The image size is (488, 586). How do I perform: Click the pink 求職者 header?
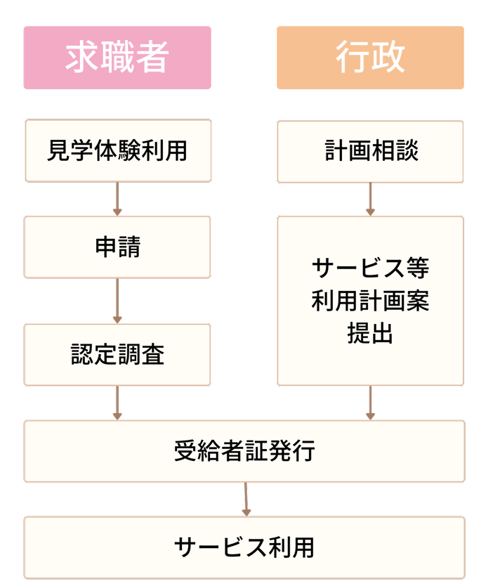pos(117,58)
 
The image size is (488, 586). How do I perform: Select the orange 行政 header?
pos(370,58)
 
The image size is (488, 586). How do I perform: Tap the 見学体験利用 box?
pos(117,151)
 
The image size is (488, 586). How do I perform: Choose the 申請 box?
pos(117,247)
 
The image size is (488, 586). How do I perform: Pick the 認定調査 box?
pos(117,354)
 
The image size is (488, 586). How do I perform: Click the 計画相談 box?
pos(370,151)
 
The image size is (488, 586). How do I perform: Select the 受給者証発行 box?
pos(244,451)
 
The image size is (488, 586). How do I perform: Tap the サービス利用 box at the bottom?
pos(244,547)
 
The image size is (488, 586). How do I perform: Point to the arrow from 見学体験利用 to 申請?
pos(117,199)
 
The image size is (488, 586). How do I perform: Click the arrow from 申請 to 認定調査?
pos(117,301)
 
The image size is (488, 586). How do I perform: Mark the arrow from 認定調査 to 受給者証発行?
pos(117,403)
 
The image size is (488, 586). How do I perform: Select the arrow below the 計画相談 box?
pos(370,199)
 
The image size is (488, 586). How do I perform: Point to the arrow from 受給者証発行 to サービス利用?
pos(246,500)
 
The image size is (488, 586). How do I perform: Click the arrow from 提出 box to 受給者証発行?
pos(370,403)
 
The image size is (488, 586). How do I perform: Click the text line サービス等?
pos(370,268)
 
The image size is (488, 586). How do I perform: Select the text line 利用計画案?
pos(370,301)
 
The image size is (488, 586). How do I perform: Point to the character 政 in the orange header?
pos(388,58)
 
